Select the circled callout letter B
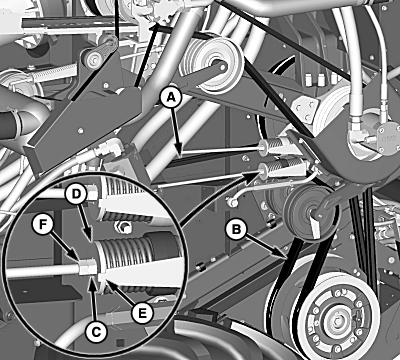(x=236, y=230)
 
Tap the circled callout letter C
(x=96, y=332)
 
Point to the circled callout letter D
(x=77, y=194)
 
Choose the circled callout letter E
(x=142, y=313)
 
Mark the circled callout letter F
(x=42, y=225)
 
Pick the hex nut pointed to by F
(x=88, y=267)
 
